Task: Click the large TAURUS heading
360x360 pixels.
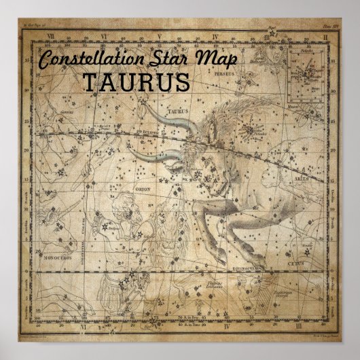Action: click(x=135, y=82)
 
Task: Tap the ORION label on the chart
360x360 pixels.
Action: click(x=143, y=191)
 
